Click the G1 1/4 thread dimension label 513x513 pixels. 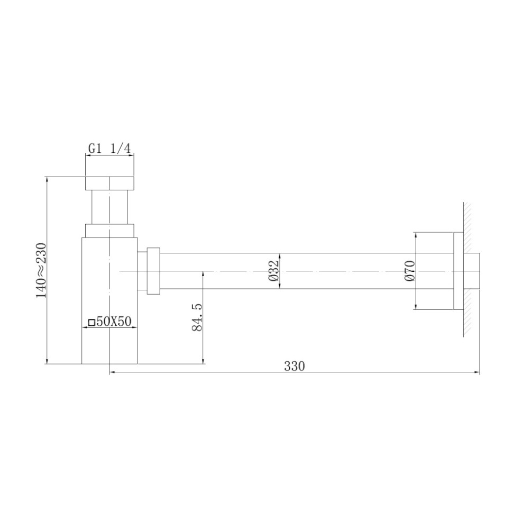click(x=109, y=149)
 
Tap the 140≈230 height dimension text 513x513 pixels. click(x=42, y=270)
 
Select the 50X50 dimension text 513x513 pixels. click(x=113, y=322)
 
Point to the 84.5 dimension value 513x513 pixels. click(x=197, y=317)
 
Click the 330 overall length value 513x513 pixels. click(x=294, y=366)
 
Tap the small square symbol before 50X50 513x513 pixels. click(x=91, y=322)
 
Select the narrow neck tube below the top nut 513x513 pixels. click(x=109, y=207)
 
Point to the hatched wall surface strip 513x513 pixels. click(x=468, y=270)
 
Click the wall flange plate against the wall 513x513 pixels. click(x=458, y=270)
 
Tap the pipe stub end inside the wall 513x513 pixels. click(x=472, y=270)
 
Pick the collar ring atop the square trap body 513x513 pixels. click(x=109, y=231)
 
